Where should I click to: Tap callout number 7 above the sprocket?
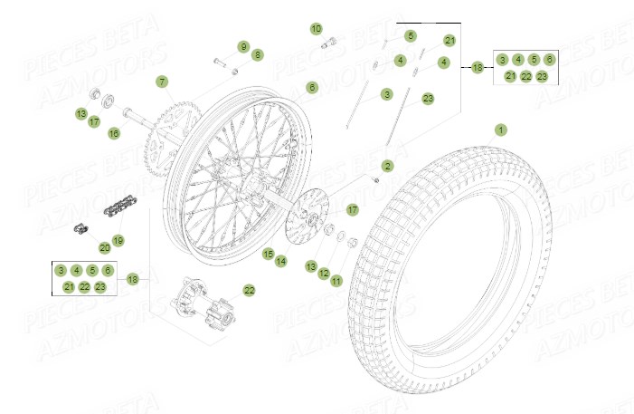tap(161, 82)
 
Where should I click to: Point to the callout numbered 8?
tap(257, 55)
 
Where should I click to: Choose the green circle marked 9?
tap(242, 45)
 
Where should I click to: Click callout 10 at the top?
tap(316, 29)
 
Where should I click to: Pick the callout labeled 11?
tap(336, 281)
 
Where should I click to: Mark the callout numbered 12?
tap(323, 273)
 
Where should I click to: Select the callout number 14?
tap(281, 261)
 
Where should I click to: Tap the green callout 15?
tap(268, 254)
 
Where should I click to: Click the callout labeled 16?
tap(114, 133)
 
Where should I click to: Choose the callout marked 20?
tap(104, 247)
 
